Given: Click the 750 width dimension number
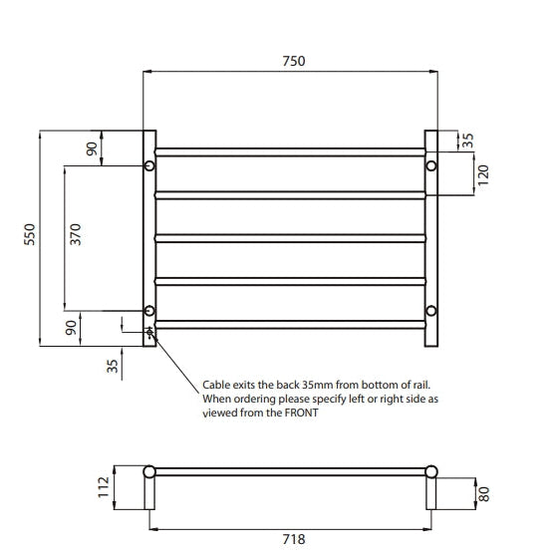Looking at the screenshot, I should click(x=293, y=60).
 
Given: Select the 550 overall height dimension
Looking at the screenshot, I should click(x=29, y=237).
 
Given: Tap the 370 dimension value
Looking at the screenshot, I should click(x=76, y=235).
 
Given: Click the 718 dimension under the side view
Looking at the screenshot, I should click(x=293, y=539).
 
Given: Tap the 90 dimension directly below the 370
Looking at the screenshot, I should click(x=71, y=328).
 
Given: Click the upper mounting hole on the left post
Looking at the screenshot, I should click(x=149, y=164).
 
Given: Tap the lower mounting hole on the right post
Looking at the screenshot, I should click(x=431, y=309).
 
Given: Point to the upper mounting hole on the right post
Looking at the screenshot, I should click(x=431, y=164).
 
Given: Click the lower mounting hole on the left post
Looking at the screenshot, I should click(x=149, y=310).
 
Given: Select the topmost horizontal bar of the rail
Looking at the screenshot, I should click(x=290, y=151).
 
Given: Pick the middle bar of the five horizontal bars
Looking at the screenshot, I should click(x=290, y=237).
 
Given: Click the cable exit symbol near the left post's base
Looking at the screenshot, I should click(x=150, y=333).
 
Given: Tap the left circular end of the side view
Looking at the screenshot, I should click(x=149, y=471).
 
